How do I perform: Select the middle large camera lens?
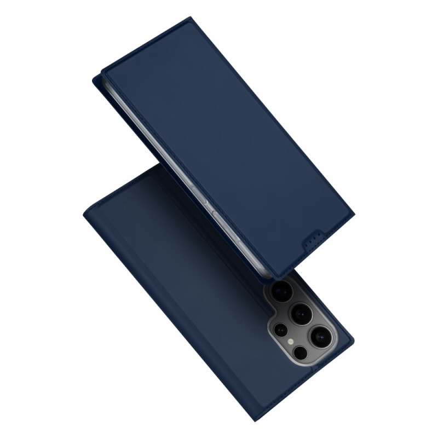[301, 314]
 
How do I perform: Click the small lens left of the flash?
[280, 330]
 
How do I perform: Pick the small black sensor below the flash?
[300, 353]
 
